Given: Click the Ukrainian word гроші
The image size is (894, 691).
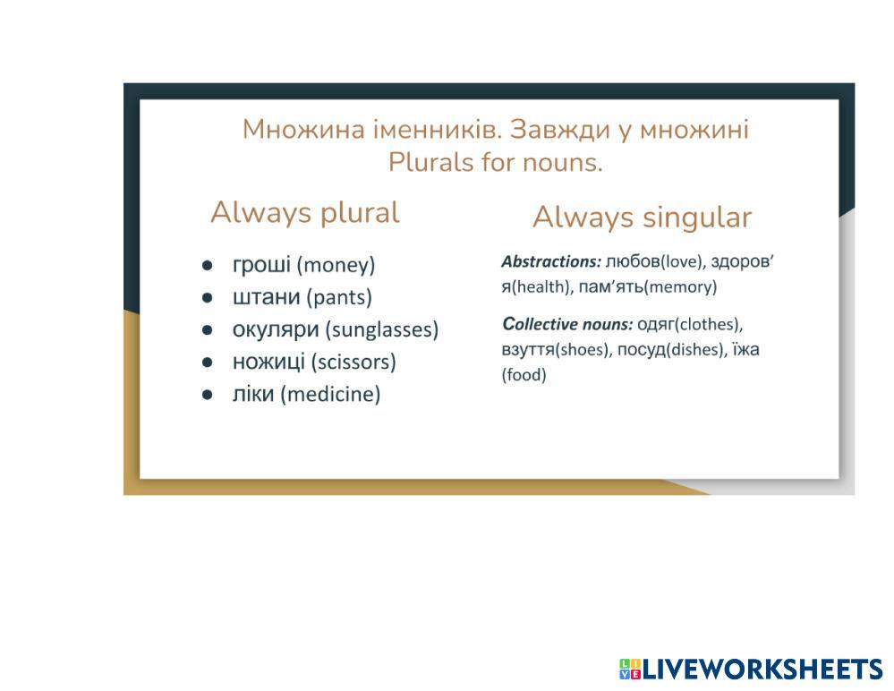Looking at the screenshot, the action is [x=261, y=265].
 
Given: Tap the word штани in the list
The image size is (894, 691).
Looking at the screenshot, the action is [x=266, y=296].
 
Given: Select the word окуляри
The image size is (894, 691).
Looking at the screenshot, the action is [x=276, y=329].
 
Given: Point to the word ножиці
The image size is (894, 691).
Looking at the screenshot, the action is [x=268, y=362].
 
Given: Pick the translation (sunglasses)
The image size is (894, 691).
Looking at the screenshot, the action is [x=382, y=329].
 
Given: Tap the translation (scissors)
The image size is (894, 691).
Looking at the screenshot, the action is [x=353, y=362].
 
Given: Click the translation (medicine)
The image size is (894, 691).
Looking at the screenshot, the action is [x=330, y=394].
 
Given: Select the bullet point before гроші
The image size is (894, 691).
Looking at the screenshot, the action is [x=207, y=265].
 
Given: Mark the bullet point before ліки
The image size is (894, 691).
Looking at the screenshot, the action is [x=207, y=394].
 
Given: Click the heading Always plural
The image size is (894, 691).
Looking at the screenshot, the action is [x=305, y=213].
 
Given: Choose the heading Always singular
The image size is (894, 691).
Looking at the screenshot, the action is [x=642, y=218].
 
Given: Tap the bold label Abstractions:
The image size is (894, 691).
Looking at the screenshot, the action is [x=551, y=261].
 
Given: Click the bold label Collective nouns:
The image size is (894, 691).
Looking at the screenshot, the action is [x=567, y=324].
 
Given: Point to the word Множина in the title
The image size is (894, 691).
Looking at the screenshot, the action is [x=303, y=129].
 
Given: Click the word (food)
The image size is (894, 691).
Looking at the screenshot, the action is [x=524, y=374].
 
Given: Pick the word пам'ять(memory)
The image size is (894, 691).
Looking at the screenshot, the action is [x=648, y=286].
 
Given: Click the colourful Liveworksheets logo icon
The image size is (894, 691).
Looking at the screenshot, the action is [x=630, y=669].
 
